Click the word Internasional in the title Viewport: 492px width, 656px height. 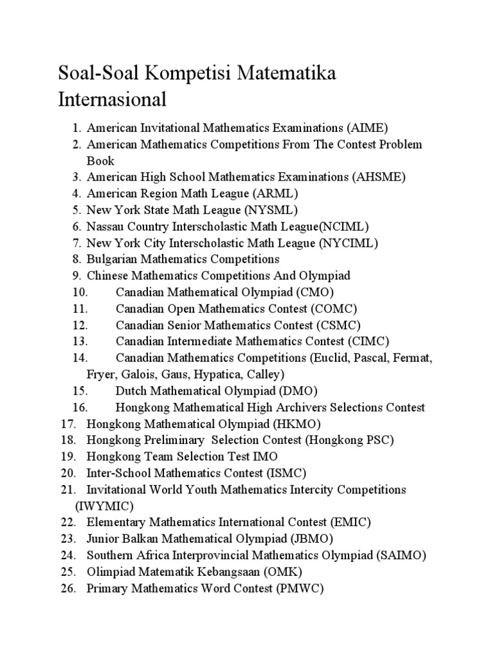pos(112,100)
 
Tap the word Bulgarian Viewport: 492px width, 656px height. pos(111,259)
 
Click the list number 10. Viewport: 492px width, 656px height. pos(79,292)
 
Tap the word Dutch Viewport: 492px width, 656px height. pos(131,391)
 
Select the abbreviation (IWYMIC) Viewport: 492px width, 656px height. pos(104,506)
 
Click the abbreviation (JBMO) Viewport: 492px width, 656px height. pos(311,539)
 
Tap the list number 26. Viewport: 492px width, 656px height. pos(68,588)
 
